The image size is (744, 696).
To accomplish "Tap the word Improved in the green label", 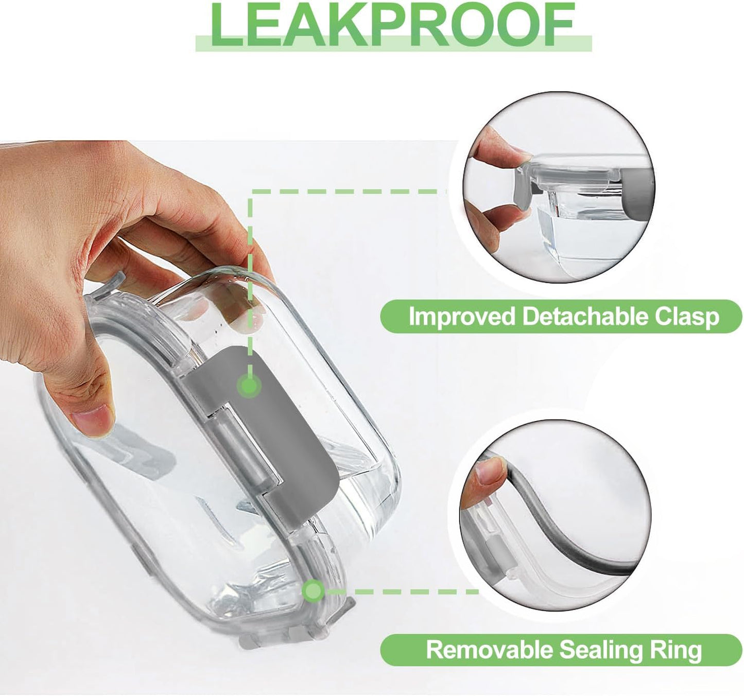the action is (461, 317).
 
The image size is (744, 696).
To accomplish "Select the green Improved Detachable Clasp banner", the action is (561, 317).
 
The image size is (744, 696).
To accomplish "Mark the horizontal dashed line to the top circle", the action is (349, 192).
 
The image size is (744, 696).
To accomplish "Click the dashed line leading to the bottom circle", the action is (401, 592).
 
